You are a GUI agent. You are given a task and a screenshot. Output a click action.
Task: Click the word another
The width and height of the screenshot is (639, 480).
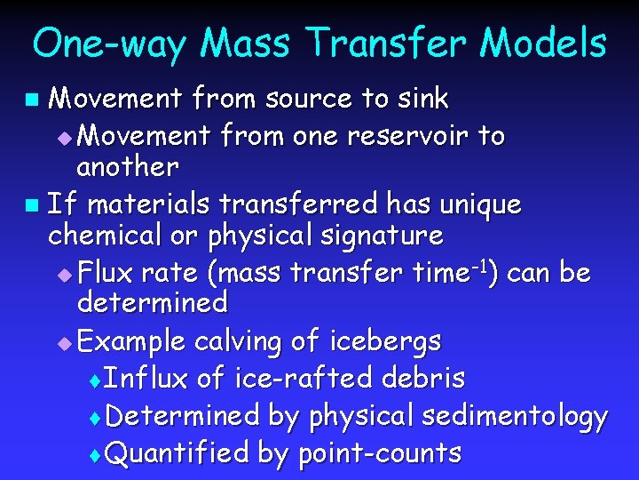128,166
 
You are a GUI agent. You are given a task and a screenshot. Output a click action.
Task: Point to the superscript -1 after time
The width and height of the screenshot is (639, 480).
475,265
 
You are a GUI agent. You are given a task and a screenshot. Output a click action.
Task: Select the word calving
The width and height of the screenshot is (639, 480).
237,341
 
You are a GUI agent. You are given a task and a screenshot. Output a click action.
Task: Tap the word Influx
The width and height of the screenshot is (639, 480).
146,379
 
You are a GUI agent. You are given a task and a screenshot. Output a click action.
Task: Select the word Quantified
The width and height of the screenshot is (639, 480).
177,453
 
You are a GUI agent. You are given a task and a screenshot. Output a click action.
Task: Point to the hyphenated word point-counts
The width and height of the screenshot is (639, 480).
379,454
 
